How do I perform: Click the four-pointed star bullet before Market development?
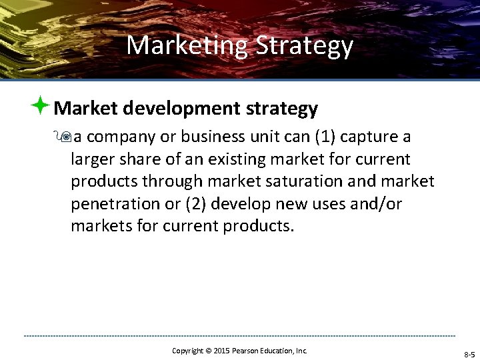(x=41, y=105)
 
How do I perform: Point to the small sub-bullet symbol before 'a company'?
(x=65, y=137)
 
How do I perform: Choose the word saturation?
(x=299, y=181)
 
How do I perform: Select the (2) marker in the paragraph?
(x=196, y=203)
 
